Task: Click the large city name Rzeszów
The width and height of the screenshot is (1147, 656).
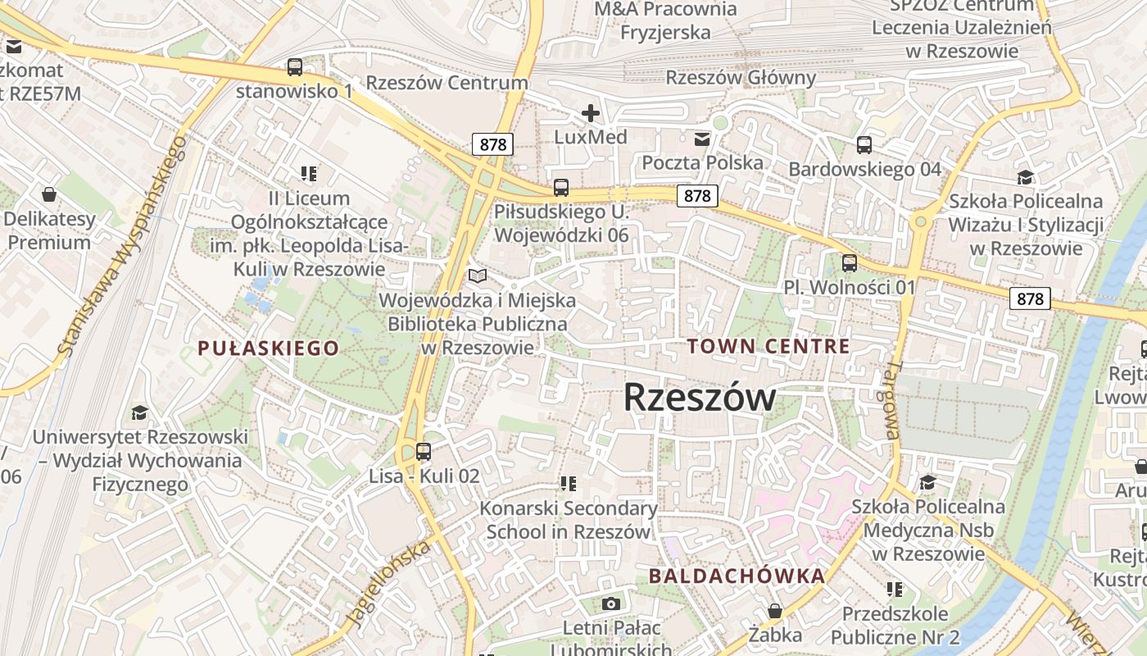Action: (x=699, y=398)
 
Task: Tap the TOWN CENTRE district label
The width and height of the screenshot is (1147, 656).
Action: (x=768, y=346)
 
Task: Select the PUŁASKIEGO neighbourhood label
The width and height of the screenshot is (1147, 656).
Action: (x=268, y=348)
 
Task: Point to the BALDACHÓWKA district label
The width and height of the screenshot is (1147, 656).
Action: (x=737, y=576)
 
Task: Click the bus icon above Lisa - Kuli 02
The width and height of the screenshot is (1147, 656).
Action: (x=424, y=451)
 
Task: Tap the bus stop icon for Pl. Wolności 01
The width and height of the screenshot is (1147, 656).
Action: (x=850, y=263)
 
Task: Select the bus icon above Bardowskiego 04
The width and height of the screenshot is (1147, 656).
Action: (x=864, y=145)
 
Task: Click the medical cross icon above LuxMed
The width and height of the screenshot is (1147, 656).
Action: (x=590, y=112)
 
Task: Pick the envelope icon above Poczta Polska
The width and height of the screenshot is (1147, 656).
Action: (x=702, y=139)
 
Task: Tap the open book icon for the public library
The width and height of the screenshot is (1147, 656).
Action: (x=477, y=276)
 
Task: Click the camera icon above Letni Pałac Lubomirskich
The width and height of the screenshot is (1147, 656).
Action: (x=610, y=604)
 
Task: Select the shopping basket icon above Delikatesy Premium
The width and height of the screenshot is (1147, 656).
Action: (x=49, y=194)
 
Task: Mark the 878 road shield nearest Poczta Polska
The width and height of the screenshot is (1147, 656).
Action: (x=697, y=196)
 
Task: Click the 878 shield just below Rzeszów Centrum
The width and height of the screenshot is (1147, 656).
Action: (x=492, y=145)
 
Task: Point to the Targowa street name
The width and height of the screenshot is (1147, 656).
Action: (x=891, y=400)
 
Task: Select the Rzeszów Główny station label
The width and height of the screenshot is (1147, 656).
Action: (x=741, y=78)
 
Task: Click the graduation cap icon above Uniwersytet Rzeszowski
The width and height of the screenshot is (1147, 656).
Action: (x=139, y=412)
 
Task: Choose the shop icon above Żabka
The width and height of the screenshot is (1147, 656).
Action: (x=774, y=611)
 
